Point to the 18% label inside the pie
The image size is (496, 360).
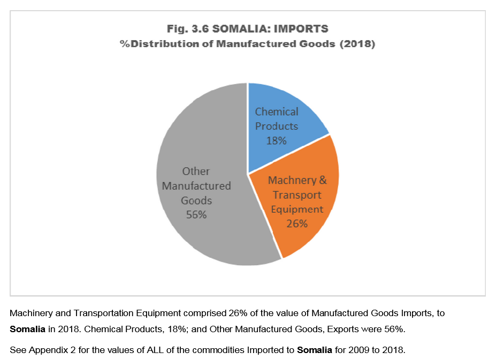pyautogui.click(x=277, y=141)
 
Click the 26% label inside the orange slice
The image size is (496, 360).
pyautogui.click(x=297, y=223)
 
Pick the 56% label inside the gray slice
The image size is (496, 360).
pyautogui.click(x=196, y=215)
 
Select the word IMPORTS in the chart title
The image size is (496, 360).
pyautogui.click(x=301, y=28)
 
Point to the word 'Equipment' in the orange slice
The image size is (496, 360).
pyautogui.click(x=297, y=209)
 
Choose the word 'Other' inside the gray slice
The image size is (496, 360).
pyautogui.click(x=196, y=172)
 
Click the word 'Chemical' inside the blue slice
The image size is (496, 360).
pyautogui.click(x=277, y=112)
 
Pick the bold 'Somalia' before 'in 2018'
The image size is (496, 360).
pyautogui.click(x=27, y=327)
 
